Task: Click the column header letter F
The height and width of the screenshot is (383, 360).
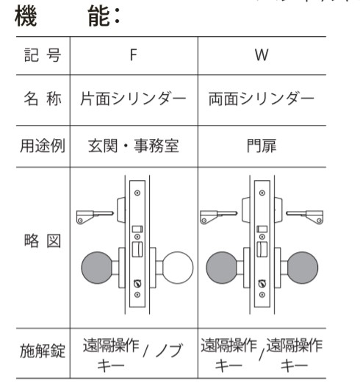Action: pos(134,55)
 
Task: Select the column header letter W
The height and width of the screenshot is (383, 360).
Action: pos(262,55)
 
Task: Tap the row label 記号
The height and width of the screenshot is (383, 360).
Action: pos(43,55)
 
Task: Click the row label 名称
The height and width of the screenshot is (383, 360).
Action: pos(43,99)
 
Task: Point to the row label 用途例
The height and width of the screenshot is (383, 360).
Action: pos(43,146)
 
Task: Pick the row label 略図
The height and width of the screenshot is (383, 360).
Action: pos(43,240)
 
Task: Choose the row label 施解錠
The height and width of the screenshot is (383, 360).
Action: pos(43,351)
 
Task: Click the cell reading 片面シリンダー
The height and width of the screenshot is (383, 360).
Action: pos(133,99)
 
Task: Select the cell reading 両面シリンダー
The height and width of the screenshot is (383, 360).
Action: pos(262,99)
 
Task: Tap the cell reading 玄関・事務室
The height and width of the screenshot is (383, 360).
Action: pos(134,146)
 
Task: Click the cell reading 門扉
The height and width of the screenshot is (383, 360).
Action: pos(262,146)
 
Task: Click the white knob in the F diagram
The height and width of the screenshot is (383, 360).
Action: pos(178,268)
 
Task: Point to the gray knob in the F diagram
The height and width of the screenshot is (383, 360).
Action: pos(97,268)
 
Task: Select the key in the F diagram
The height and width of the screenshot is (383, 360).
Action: pos(95,217)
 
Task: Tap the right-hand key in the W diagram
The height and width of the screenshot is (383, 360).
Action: pos(305,217)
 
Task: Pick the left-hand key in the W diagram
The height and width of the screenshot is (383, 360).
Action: pos(219,217)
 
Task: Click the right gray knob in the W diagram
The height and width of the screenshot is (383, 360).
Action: pos(303,268)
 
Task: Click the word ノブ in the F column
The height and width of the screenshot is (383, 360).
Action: pos(170,350)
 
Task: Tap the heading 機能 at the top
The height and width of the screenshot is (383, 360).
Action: pos(67,16)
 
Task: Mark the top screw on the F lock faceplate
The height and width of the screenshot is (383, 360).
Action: pos(137,193)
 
